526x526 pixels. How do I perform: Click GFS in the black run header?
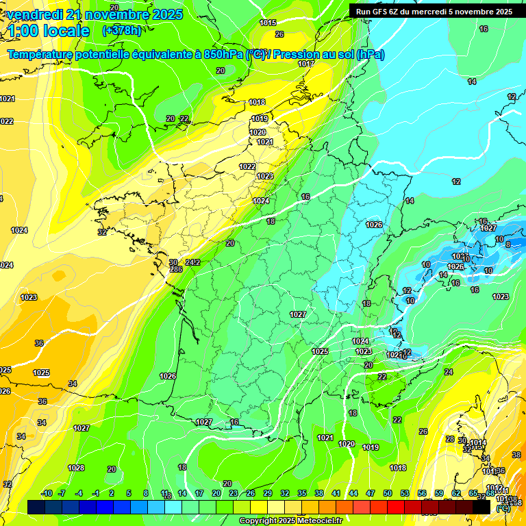click(x=379, y=12)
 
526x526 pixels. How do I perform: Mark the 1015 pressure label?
click(x=268, y=23)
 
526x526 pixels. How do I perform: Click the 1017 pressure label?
click(x=306, y=64)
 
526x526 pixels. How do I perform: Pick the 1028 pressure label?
click(x=76, y=468)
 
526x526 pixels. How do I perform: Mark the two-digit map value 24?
click(x=449, y=372)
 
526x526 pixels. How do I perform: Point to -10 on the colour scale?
click(x=47, y=493)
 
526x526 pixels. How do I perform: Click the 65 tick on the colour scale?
click(x=473, y=493)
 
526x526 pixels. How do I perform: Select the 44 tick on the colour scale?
click(x=353, y=493)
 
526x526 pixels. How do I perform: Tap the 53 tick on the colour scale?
click(x=405, y=493)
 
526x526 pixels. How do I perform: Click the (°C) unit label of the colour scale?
click(x=503, y=508)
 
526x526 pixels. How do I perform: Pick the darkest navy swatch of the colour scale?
click(x=36, y=507)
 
